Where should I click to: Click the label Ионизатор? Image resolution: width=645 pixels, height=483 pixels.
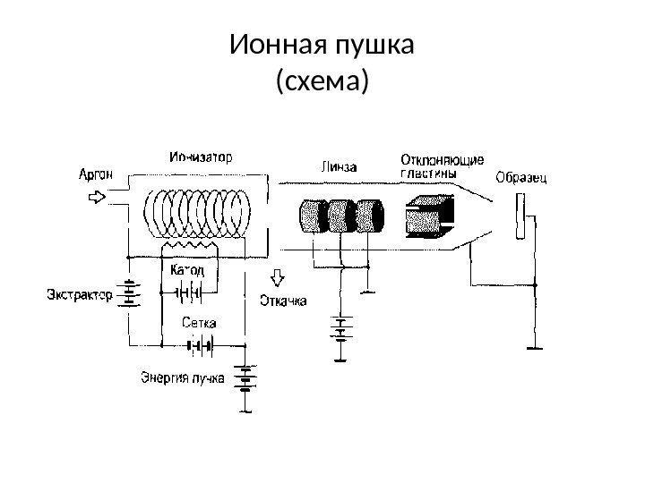pyautogui.click(x=201, y=157)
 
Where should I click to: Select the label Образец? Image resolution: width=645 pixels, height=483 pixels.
pyautogui.click(x=523, y=177)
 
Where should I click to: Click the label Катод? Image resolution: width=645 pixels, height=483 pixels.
pyautogui.click(x=187, y=270)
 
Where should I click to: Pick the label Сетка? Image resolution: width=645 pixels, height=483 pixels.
pyautogui.click(x=198, y=323)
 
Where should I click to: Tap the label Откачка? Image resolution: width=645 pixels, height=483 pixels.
pyautogui.click(x=283, y=301)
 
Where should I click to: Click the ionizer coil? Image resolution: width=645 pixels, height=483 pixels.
pyautogui.click(x=199, y=215)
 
